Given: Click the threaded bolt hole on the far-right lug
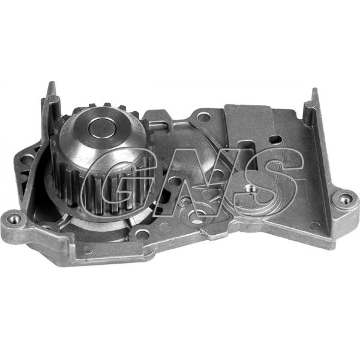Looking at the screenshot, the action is click(x=345, y=199).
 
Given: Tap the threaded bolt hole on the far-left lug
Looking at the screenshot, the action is click(x=13, y=218).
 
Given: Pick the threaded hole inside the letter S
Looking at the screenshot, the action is click(x=249, y=189).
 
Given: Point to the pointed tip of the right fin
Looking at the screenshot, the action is click(x=315, y=89).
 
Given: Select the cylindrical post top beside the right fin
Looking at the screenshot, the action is click(x=308, y=104).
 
